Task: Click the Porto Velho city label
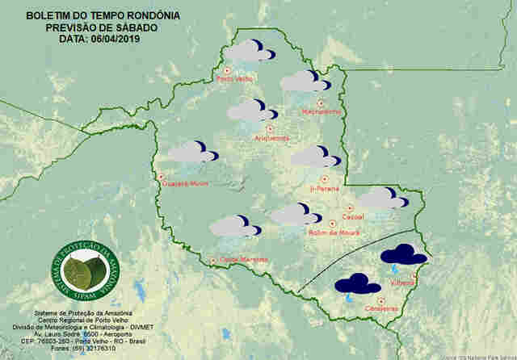236,79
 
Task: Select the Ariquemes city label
271,138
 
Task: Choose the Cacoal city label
354,217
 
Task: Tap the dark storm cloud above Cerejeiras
358,284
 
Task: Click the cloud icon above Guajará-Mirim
192,152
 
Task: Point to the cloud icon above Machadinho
305,81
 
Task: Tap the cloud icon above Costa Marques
234,226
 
